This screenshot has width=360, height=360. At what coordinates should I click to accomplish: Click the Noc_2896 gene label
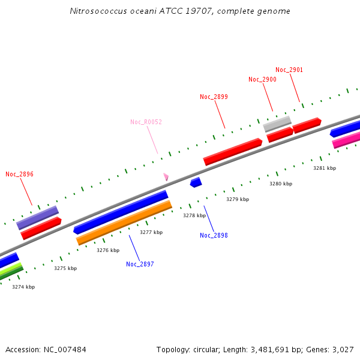pyautogui.click(x=19, y=174)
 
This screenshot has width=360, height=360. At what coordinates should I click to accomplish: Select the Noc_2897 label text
pyautogui.click(x=140, y=264)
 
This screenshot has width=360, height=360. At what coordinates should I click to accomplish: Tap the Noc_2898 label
pyautogui.click(x=214, y=235)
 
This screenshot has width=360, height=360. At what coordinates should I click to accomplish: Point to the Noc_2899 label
pyautogui.click(x=214, y=97)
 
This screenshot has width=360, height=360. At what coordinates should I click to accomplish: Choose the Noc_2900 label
pyautogui.click(x=262, y=80)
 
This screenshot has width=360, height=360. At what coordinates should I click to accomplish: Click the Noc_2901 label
pyautogui.click(x=289, y=70)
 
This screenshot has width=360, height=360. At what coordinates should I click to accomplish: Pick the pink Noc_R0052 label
pyautogui.click(x=146, y=122)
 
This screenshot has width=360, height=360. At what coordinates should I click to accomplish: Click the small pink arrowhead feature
pyautogui.click(x=166, y=176)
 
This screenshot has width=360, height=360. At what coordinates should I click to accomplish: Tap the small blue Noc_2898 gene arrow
pyautogui.click(x=196, y=182)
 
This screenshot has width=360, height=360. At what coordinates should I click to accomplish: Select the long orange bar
pyautogui.click(x=124, y=223)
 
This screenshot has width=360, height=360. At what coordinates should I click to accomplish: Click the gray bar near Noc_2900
pyautogui.click(x=277, y=124)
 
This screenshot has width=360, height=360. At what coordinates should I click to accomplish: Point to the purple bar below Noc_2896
pyautogui.click(x=37, y=217)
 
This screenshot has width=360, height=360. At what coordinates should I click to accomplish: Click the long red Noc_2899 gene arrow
pyautogui.click(x=233, y=152)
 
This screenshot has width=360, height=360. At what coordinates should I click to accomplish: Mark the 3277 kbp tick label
pyautogui.click(x=151, y=232)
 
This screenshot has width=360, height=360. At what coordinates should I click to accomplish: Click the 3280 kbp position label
pyautogui.click(x=280, y=184)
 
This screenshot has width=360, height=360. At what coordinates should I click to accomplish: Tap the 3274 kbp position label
pyautogui.click(x=23, y=287)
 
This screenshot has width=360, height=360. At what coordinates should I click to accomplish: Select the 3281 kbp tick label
pyautogui.click(x=325, y=168)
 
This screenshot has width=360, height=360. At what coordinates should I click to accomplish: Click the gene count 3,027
pyautogui.click(x=342, y=349)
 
